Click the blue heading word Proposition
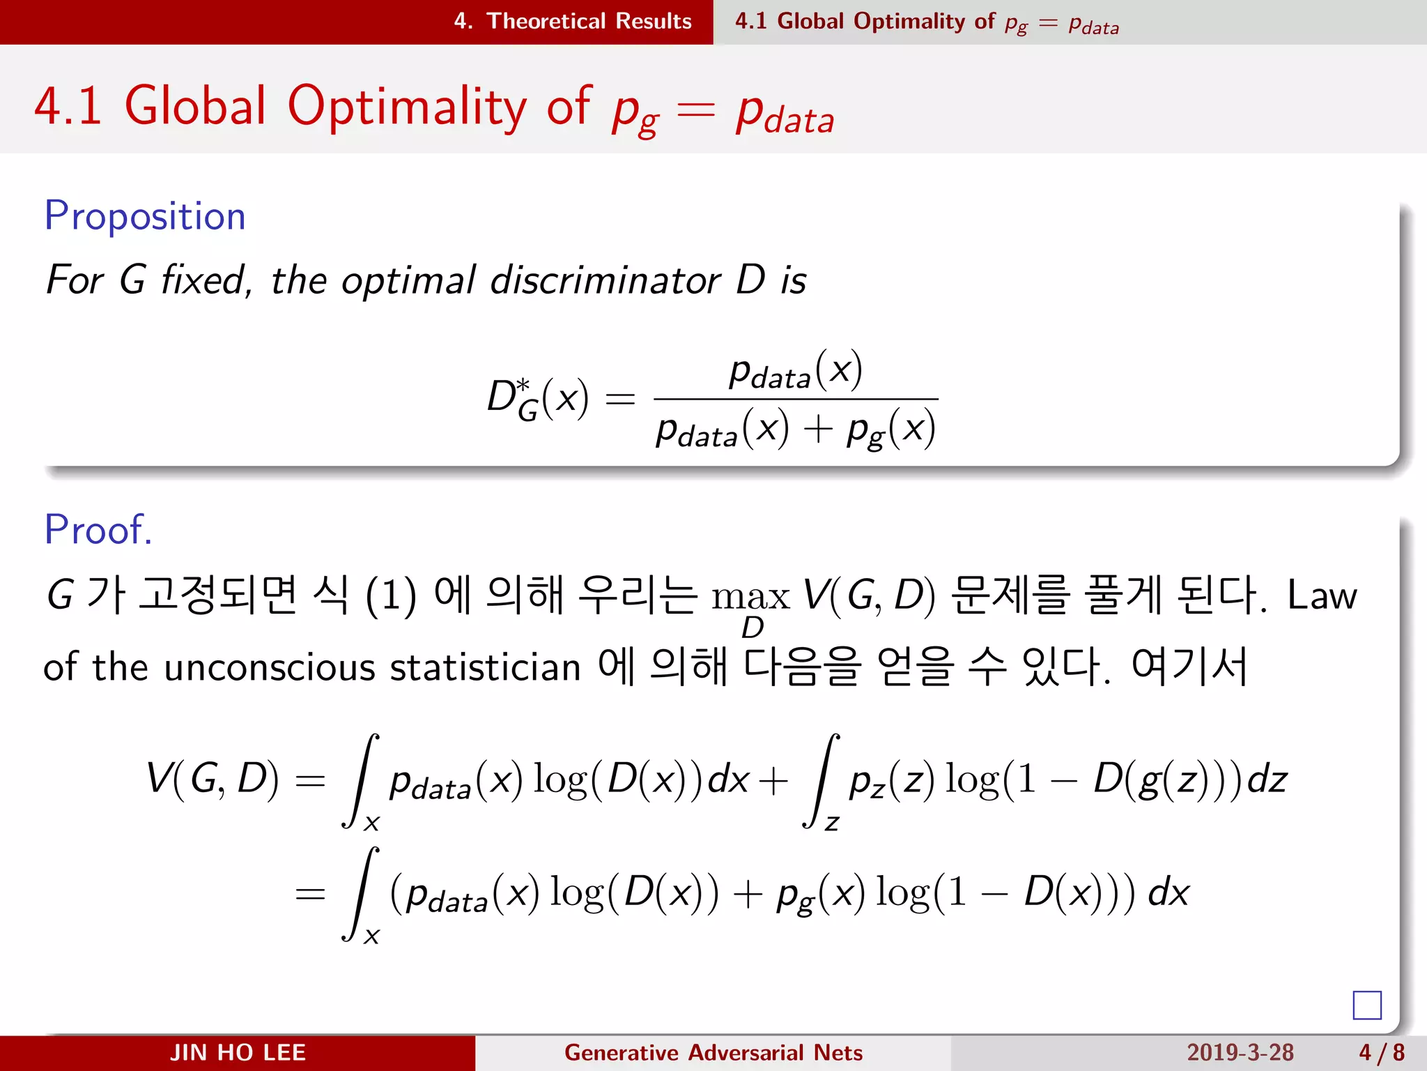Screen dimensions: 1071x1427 (145, 217)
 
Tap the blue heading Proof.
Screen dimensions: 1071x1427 (98, 530)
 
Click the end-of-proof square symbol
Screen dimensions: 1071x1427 (1366, 1005)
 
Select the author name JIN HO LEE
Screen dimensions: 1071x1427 (238, 1052)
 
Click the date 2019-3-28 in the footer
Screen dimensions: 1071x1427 (1240, 1052)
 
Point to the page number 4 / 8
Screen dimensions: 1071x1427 (1381, 1052)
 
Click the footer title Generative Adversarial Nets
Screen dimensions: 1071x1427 (713, 1052)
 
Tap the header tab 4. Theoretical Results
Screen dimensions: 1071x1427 (572, 22)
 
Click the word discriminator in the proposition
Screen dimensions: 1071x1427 (605, 280)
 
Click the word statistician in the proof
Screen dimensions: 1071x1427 (485, 667)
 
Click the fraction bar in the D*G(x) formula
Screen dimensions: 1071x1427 (796, 399)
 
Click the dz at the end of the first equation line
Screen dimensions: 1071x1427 (1267, 779)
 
